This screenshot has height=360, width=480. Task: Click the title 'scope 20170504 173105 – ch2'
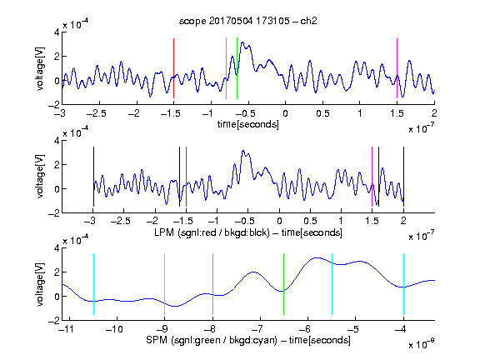(x=248, y=21)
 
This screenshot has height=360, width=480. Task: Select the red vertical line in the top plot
(x=173, y=68)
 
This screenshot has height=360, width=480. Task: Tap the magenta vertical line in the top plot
(x=397, y=68)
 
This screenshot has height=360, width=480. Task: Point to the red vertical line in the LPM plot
(x=186, y=177)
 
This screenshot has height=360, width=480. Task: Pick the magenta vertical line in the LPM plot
(x=372, y=177)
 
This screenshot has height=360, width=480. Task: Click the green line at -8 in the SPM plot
(x=212, y=284)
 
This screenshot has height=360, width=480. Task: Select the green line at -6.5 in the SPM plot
(x=284, y=284)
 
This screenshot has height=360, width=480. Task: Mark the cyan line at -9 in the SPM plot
(x=164, y=284)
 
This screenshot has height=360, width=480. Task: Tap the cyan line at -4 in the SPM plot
(x=404, y=284)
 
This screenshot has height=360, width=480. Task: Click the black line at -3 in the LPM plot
(x=93, y=177)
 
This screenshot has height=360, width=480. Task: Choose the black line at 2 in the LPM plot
(x=404, y=177)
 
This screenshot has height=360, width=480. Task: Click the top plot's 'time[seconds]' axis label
(x=248, y=124)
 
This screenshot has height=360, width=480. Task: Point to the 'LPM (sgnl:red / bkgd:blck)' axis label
(x=212, y=232)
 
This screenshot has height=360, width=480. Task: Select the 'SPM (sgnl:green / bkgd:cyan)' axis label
(x=212, y=340)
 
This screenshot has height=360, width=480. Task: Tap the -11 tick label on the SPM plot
(x=66, y=329)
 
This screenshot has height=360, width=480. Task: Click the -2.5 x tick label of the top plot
(x=97, y=113)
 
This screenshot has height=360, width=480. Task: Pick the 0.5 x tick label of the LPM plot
(x=310, y=221)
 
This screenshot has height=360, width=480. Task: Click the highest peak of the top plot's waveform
(x=242, y=42)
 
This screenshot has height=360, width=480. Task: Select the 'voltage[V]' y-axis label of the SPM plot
(x=40, y=284)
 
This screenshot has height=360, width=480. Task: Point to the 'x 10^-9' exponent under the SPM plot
(x=422, y=344)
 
